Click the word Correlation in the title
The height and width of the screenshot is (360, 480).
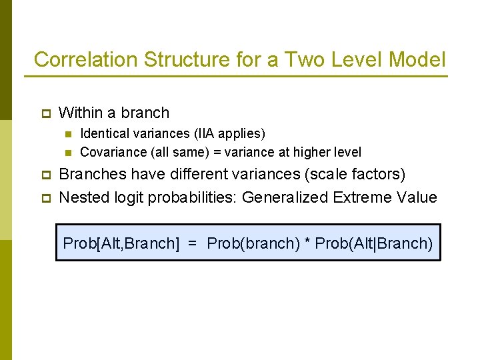tap(86, 60)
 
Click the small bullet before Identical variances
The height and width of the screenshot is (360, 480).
tap(68, 135)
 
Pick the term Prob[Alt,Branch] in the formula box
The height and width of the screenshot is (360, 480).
tap(121, 243)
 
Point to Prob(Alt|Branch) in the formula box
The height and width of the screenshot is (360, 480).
tap(374, 243)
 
